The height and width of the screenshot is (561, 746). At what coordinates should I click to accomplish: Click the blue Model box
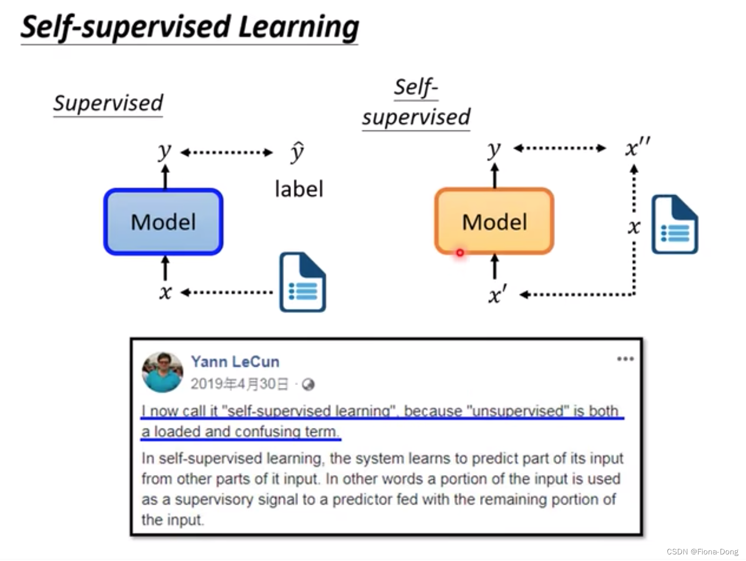[x=163, y=222]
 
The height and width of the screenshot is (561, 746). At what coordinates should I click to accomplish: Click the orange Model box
[x=494, y=222]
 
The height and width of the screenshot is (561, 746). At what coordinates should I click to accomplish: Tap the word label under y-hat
[x=299, y=189]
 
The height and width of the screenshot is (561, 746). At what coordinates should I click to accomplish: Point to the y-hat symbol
[x=297, y=152]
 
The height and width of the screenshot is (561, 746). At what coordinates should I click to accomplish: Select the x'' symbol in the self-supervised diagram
[x=637, y=148]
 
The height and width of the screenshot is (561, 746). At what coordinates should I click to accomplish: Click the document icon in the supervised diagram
[x=302, y=282]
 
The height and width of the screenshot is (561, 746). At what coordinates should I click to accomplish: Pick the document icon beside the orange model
[x=674, y=224]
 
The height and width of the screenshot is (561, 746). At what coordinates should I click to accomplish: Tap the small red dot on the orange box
[x=460, y=253]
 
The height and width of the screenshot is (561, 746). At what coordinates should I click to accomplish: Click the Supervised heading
[x=108, y=103]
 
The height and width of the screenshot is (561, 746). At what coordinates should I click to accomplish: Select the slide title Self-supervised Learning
[x=190, y=27]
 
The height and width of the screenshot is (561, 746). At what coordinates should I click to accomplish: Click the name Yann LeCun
[x=235, y=362]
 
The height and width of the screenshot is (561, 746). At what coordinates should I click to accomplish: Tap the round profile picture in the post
[x=162, y=372]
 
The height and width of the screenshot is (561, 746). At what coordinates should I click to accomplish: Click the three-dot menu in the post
[x=625, y=359]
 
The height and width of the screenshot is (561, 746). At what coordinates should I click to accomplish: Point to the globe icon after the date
[x=308, y=384]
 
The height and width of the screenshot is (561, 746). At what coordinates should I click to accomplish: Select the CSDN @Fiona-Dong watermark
[x=702, y=552]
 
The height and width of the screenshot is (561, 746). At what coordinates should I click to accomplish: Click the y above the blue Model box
[x=164, y=151]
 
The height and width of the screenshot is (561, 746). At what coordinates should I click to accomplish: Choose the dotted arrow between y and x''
[x=559, y=148]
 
